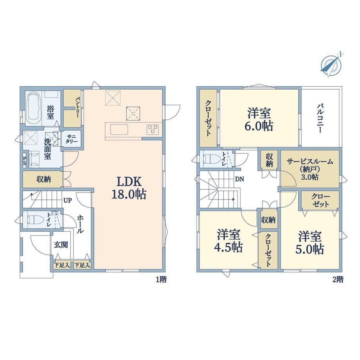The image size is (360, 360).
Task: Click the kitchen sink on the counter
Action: [x=119, y=130]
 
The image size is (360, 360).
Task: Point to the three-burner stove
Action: [x=153, y=130]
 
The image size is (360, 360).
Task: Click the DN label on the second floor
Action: [x=239, y=179]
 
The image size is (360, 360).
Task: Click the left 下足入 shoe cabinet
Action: [x=62, y=265]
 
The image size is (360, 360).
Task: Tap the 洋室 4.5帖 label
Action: [x=229, y=241]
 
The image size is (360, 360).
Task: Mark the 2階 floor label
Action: [x=338, y=280]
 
